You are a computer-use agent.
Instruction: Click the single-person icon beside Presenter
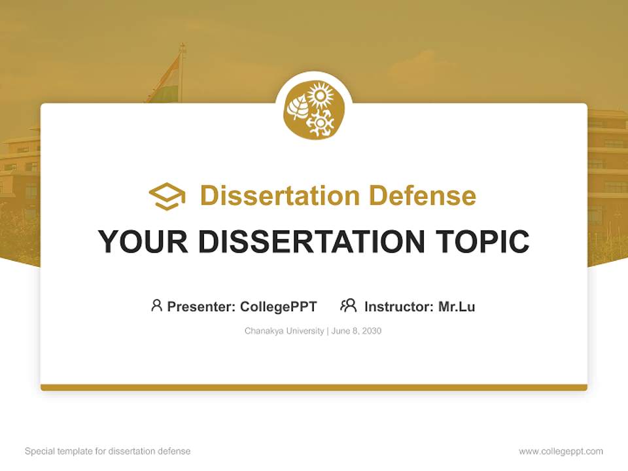point(156,305)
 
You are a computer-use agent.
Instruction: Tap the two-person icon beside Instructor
point(348,305)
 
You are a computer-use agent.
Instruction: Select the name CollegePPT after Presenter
point(279,306)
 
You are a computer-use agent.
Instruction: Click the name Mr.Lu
point(457,306)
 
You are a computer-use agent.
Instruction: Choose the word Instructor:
point(399,306)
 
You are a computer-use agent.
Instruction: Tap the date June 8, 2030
point(357,331)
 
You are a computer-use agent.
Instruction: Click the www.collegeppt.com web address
point(561,451)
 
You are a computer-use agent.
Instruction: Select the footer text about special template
point(108,451)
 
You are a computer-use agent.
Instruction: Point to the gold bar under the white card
point(313,387)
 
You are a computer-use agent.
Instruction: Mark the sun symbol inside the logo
point(321,98)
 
